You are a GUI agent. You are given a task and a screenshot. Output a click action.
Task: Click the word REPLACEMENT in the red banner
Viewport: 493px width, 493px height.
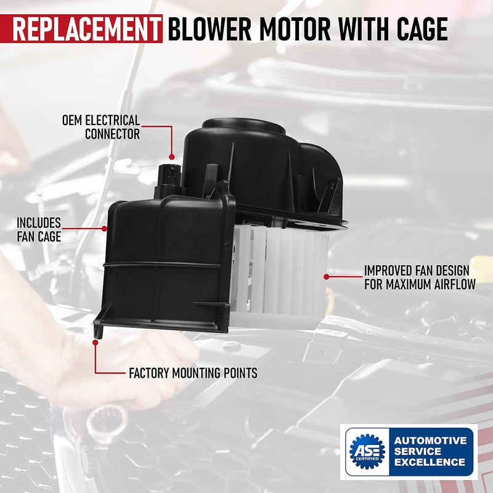tap(86, 29)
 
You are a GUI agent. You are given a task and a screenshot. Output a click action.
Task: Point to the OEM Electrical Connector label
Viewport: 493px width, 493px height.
tap(101, 127)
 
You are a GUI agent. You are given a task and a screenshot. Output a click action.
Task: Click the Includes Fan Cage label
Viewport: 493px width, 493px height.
tap(39, 230)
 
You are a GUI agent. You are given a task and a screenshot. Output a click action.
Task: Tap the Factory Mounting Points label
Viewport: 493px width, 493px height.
tap(193, 373)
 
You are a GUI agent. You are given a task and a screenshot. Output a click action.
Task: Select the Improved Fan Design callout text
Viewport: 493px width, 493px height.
tap(420, 277)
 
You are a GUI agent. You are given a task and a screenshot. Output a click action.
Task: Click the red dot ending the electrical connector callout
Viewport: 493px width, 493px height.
tap(172, 157)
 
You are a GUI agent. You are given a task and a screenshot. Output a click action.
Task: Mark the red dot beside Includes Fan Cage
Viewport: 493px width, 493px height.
tap(104, 229)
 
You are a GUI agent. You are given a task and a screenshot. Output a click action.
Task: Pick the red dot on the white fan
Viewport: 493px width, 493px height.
tap(327, 277)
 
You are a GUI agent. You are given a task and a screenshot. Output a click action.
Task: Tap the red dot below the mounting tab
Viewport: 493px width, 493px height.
tap(96, 343)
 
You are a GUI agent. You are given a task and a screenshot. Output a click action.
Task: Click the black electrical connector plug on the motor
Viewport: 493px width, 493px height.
tap(168, 181)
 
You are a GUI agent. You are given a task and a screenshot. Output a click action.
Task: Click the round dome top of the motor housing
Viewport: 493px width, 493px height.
tap(243, 125)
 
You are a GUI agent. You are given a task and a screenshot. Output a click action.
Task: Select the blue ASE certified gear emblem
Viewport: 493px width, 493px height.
tap(367, 451)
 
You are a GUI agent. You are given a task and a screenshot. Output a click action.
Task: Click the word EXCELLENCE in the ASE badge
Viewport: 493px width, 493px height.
tap(430, 462)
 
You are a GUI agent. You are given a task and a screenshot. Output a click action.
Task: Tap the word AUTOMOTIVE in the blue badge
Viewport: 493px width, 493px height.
tap(430, 441)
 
